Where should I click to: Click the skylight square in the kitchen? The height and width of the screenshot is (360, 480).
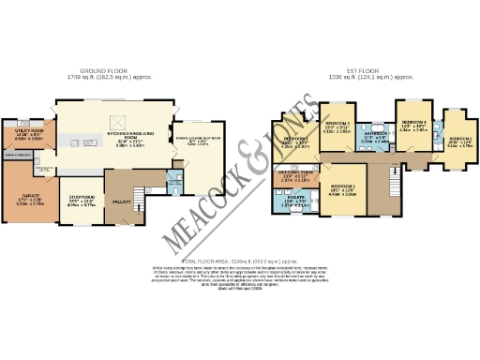point(117,120)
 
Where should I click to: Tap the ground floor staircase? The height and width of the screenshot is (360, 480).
point(145,193)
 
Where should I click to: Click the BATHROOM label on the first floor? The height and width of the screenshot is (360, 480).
point(377,135)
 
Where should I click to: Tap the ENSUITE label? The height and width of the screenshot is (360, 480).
point(296,199)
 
